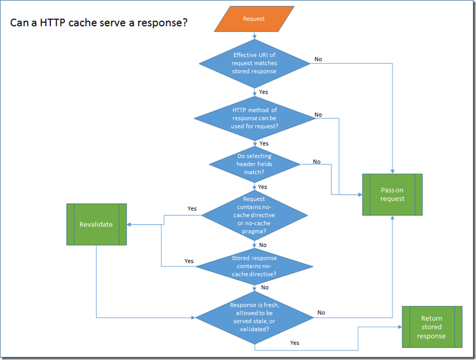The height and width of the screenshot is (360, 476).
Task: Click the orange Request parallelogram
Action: (x=254, y=19)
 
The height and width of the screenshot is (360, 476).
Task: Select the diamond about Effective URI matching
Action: (x=254, y=63)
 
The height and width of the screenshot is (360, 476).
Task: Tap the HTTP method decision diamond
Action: (x=254, y=118)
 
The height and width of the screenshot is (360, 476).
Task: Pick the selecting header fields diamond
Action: (x=254, y=164)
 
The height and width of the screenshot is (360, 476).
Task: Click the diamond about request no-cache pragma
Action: (x=254, y=215)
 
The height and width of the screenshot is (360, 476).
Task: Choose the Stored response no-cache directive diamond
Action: (x=254, y=266)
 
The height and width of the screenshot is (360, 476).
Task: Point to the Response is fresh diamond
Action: (x=254, y=317)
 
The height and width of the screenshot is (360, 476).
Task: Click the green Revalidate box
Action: (x=96, y=224)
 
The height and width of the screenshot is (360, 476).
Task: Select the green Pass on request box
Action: (x=392, y=194)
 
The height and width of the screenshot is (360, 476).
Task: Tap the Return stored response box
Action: (x=431, y=327)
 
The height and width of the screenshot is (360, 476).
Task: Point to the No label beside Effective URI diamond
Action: (x=318, y=59)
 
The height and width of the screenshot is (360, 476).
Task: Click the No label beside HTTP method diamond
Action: (x=318, y=115)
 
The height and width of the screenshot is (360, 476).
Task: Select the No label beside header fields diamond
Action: (x=316, y=162)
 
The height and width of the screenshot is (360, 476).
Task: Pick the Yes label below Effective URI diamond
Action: (x=263, y=92)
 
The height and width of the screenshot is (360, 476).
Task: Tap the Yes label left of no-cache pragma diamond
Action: (x=192, y=208)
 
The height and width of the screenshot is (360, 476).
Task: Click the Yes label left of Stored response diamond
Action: (x=189, y=261)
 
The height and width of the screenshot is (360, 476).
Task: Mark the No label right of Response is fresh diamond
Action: (x=321, y=312)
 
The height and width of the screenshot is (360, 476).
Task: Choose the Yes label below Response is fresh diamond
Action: (x=294, y=342)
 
